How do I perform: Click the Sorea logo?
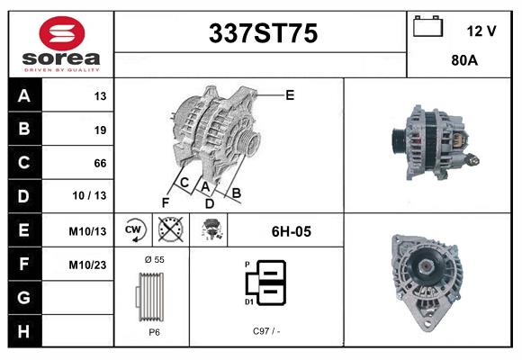click(x=59, y=44)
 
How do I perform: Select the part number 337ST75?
click(x=263, y=34)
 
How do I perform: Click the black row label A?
click(x=23, y=96)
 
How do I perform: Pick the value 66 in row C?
click(x=100, y=163)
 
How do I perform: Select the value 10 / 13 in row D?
click(x=94, y=196)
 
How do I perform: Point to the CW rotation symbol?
click(x=133, y=230)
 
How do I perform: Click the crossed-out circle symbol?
click(x=170, y=230)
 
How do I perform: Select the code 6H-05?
click(x=291, y=231)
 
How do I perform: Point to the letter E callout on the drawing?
click(x=289, y=94)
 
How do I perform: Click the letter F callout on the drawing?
click(x=166, y=202)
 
